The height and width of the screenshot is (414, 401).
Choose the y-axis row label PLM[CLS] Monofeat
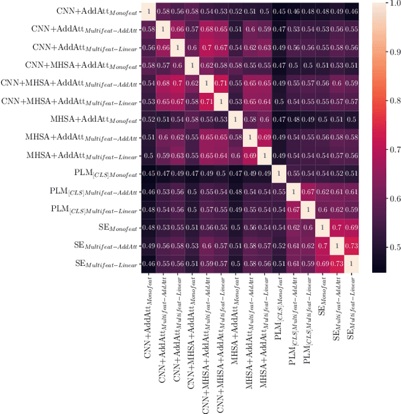tap(102, 174)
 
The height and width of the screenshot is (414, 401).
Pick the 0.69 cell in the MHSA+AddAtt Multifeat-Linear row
tap(250, 156)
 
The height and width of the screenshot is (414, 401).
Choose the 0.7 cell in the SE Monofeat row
tap(337, 229)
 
